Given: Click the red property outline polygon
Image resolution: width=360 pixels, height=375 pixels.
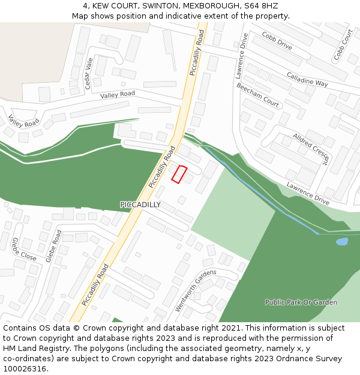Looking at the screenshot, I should pos(179,174).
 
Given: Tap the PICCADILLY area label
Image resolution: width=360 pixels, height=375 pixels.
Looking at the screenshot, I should pos(140,205).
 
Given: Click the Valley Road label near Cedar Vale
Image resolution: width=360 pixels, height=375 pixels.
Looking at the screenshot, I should pos(118,95).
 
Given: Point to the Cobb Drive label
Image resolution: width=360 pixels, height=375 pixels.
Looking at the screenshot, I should pos(277,41).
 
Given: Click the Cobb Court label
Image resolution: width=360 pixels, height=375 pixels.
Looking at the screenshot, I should pos(344,44).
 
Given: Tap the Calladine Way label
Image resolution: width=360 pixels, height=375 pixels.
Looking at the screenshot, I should pos(307,80).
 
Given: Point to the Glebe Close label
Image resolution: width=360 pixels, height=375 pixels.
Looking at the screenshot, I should pos(24,250).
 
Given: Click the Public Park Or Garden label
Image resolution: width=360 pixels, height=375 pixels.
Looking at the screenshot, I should pos(301,302).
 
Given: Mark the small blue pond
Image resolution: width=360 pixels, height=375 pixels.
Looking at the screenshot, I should pos(341,242).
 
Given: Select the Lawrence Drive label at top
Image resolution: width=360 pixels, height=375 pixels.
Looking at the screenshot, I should pos(242,56).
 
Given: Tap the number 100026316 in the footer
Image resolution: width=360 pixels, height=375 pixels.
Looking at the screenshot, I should pos(26,368).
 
